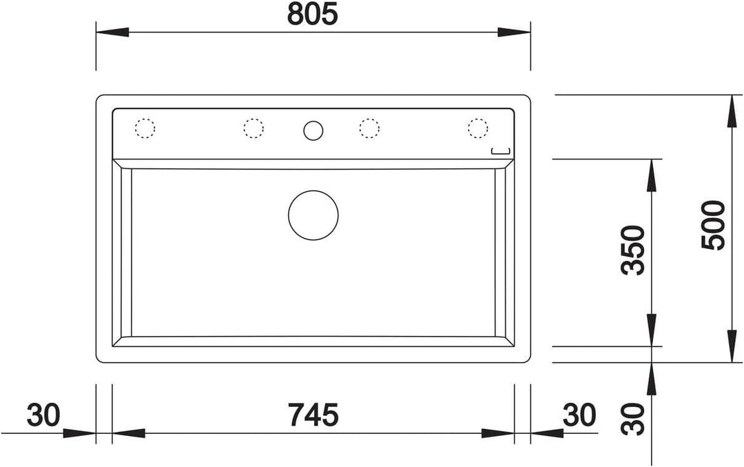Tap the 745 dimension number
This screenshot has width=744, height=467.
(313, 415)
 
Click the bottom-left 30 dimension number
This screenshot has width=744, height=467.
(43, 415)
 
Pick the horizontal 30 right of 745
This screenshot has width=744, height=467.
(579, 415)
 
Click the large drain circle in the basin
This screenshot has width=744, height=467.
(313, 215)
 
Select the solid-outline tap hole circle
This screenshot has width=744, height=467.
(313, 130)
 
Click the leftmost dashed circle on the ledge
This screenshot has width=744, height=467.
(145, 128)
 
